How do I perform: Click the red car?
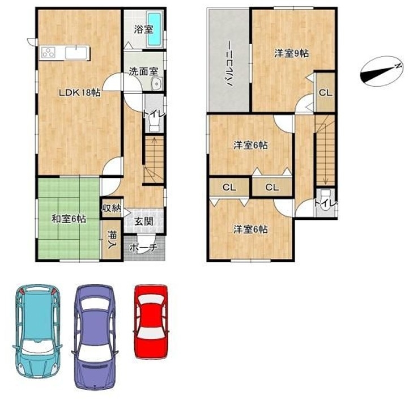pos(151,321)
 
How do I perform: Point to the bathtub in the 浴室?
pos(155,29)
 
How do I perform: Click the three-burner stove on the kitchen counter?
pos(49,53)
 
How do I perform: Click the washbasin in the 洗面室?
pos(156,84)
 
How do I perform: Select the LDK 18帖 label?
pos(79,92)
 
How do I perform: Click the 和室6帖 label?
pos(69,219)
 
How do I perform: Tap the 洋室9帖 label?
pos(291,53)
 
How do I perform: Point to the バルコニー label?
pos(229,63)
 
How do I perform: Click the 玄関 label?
pos(144,222)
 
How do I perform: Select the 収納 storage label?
pos(112,208)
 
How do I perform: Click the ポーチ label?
pos(143,248)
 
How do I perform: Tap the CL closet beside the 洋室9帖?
pos(325,92)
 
